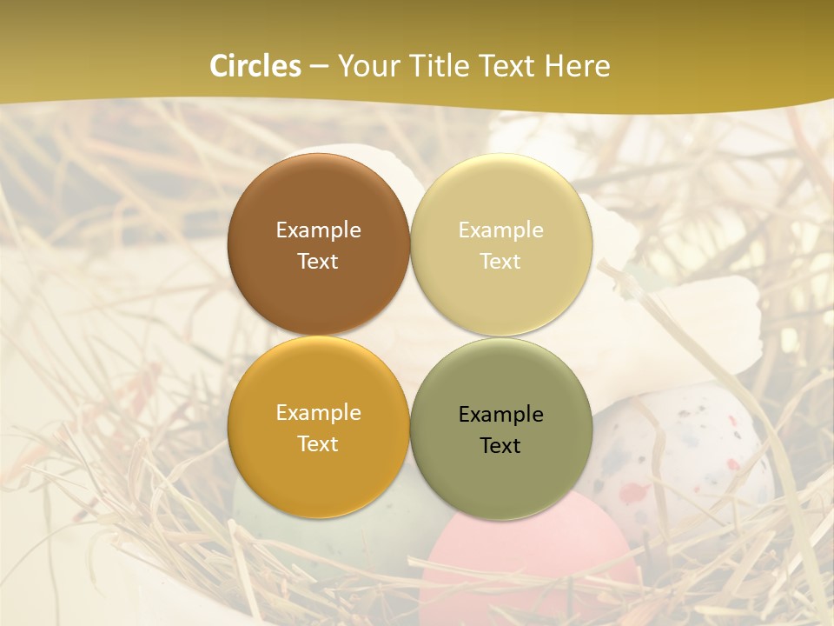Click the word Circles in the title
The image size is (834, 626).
[x=255, y=66]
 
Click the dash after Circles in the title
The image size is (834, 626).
[x=319, y=67]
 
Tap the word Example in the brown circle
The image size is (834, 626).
[x=318, y=230]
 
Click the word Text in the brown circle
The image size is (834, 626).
[x=318, y=261]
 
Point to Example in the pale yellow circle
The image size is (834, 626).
[x=500, y=230]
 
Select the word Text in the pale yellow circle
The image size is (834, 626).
[x=500, y=261]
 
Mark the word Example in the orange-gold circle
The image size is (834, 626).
[x=318, y=413]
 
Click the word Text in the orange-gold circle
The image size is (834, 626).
[x=318, y=443]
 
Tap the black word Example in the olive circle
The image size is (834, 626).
[x=500, y=415]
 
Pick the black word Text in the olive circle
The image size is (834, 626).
[x=500, y=445]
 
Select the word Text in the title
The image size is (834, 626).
[x=506, y=66]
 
